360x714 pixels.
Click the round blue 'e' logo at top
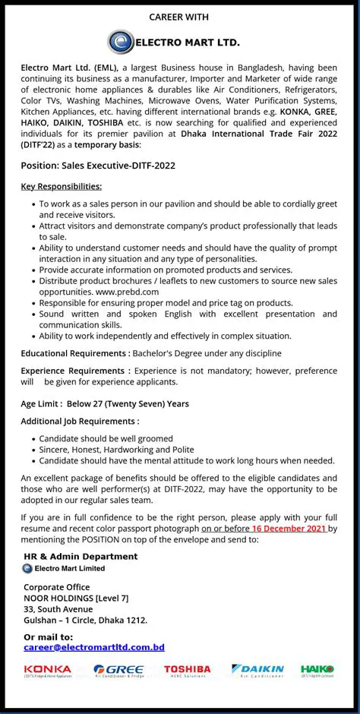120,42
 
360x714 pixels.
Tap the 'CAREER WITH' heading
178,17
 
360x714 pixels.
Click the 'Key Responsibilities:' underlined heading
62,186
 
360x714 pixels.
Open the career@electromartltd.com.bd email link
94,647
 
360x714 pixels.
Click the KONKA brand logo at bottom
47,670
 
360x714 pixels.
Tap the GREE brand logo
118,670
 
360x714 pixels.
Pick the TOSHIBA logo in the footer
187,670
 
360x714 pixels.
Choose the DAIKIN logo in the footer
257,670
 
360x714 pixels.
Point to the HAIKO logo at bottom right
317,670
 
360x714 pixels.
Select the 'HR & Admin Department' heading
81,556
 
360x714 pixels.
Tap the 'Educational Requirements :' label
75,353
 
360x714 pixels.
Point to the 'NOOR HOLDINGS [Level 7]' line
76,599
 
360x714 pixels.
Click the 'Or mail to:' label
49,637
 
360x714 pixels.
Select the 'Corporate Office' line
57,587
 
